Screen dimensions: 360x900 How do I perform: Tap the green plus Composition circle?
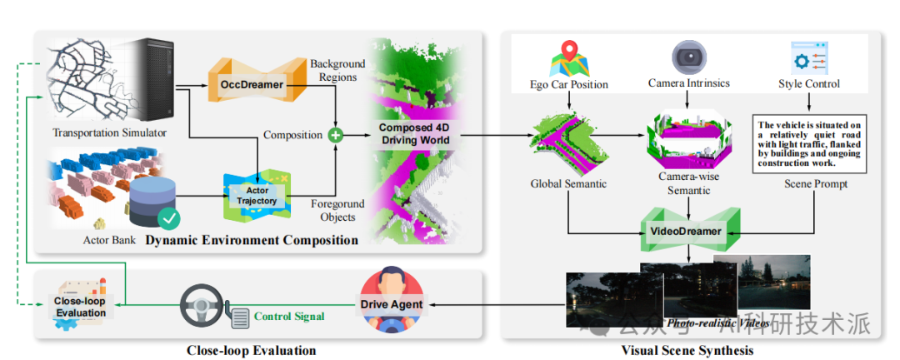[x=336, y=134]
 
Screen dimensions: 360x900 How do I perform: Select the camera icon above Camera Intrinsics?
[x=689, y=56]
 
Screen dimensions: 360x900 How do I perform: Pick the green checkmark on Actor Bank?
[x=169, y=219]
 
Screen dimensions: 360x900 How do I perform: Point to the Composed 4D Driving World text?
[x=414, y=133]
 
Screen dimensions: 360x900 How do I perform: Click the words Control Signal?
[x=289, y=316]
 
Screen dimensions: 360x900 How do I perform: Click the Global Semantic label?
[x=568, y=183]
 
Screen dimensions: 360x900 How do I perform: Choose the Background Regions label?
[x=337, y=71]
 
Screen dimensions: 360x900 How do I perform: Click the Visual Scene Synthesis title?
[x=687, y=350]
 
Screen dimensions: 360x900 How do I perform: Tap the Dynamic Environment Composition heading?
[x=252, y=240]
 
